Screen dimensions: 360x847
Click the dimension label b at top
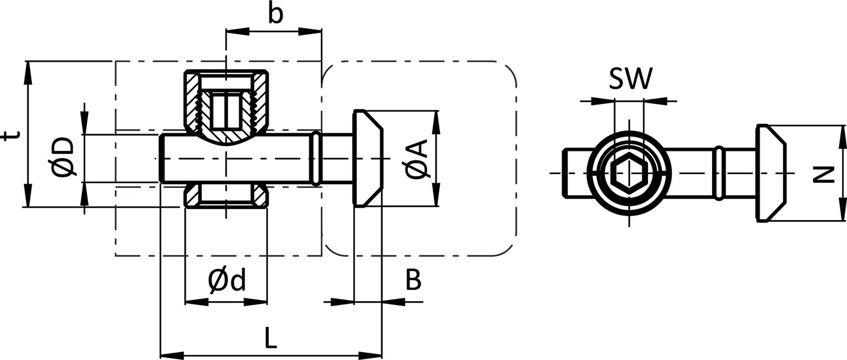[x=274, y=14]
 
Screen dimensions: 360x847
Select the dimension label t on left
[x=10, y=137]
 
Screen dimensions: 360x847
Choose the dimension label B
[x=413, y=281]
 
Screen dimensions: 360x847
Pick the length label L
[x=270, y=337]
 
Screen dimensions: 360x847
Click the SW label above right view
[x=630, y=80]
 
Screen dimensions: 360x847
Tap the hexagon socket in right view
[x=629, y=173]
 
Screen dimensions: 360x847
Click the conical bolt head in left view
[x=366, y=159]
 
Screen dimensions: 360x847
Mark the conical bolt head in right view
[x=770, y=173]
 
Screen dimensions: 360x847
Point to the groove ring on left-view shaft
[x=316, y=159]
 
